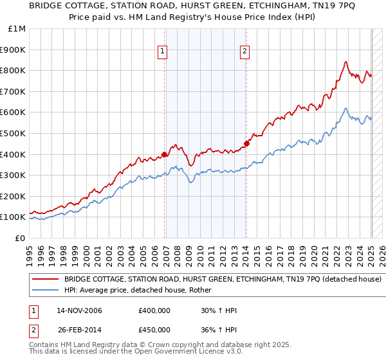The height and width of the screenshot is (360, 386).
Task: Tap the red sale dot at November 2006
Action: tap(165, 154)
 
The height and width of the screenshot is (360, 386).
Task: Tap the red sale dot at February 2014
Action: tap(246, 143)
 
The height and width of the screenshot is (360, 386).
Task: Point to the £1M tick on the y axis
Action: tap(18, 29)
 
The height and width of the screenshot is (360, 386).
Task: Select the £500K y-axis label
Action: tap(14, 133)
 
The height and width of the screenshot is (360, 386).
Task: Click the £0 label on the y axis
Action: tap(20, 238)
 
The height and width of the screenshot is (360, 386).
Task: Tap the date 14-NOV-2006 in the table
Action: tap(79, 311)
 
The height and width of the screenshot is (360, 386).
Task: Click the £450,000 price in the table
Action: tap(154, 330)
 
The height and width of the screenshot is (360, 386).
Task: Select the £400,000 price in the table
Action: tap(154, 311)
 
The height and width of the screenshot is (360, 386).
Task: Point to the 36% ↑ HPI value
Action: tap(219, 330)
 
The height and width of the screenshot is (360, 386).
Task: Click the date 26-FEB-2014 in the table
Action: tap(79, 330)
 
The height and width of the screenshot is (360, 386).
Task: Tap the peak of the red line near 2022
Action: tap(345, 62)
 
